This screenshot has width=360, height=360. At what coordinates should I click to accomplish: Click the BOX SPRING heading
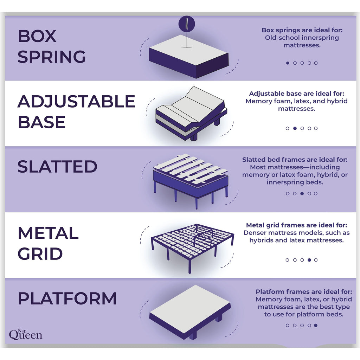click(x=51, y=46)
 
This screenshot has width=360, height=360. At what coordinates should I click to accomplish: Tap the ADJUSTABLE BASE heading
click(x=76, y=111)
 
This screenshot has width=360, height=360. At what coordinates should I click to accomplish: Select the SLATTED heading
click(x=57, y=166)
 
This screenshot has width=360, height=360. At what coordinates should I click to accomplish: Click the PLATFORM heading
click(x=67, y=298)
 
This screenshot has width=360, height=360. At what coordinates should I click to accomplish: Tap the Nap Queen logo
click(x=25, y=334)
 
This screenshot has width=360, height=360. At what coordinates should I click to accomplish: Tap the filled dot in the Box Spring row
click(x=288, y=63)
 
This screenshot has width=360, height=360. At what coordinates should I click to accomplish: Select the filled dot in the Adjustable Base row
click(x=295, y=128)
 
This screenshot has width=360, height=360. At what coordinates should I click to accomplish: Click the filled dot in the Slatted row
click(x=302, y=193)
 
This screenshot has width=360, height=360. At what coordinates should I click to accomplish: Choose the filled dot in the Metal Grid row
click(x=309, y=260)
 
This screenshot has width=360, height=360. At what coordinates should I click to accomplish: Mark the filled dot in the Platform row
click(x=316, y=325)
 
